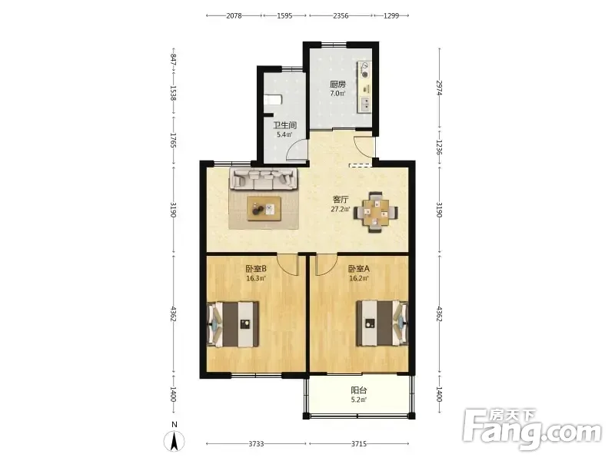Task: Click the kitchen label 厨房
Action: pos(337,85)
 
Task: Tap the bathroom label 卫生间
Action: pos(284,125)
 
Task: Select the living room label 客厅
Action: pos(340,200)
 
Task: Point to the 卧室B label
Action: pos(256,269)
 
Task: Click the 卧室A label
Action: pos(358,269)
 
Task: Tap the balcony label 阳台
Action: pos(358,390)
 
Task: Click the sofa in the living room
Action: pos(263,179)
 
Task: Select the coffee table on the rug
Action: pos(264,208)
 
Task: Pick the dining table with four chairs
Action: pos(376,212)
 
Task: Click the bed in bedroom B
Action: pos(233,324)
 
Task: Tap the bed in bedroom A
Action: pos(382,323)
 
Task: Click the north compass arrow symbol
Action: pos(175,441)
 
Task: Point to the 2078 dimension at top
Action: pos(234,15)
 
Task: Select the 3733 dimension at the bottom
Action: pos(256,444)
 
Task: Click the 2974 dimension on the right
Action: pos(439,88)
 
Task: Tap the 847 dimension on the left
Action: pos(174,60)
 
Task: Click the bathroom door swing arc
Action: pos(294,146)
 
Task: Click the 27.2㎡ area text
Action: pos(340,209)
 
